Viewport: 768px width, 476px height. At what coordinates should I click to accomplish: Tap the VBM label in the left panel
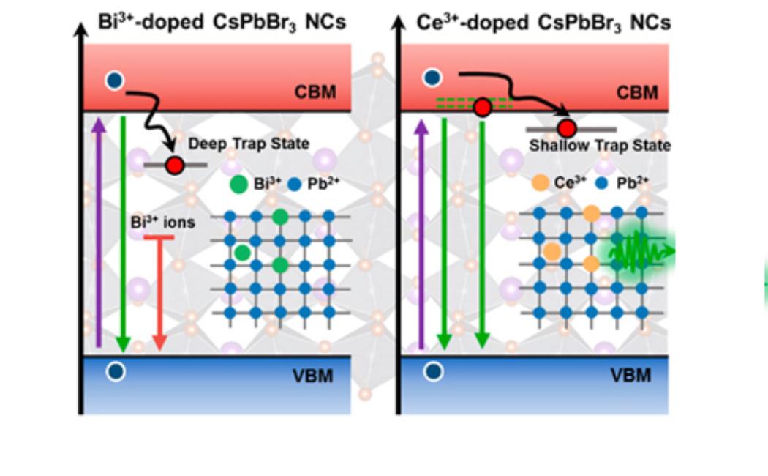[x=315, y=376]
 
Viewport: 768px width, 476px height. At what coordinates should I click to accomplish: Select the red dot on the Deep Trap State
[x=174, y=165]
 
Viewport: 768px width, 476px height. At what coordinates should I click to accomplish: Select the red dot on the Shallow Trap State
[x=568, y=130]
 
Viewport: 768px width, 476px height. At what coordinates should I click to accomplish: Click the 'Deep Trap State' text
[x=249, y=144]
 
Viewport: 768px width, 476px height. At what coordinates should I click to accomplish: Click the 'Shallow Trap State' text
[x=600, y=146]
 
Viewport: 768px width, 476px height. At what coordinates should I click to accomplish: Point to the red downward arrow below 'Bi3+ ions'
[x=159, y=293]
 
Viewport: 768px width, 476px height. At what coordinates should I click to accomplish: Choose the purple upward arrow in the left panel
[x=99, y=234]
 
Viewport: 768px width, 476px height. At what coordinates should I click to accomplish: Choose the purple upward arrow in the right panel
[x=420, y=234]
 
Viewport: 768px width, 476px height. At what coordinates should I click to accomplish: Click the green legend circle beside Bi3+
[x=238, y=185]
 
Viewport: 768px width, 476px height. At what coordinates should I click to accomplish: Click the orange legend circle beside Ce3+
[x=540, y=184]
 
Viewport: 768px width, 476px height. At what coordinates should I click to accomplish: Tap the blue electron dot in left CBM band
[x=114, y=80]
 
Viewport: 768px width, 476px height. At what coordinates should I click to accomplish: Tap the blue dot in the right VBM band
[x=434, y=371]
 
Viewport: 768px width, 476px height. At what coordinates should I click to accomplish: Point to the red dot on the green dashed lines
[x=481, y=108]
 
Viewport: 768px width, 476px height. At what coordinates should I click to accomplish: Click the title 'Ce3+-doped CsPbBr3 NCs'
[x=543, y=22]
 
